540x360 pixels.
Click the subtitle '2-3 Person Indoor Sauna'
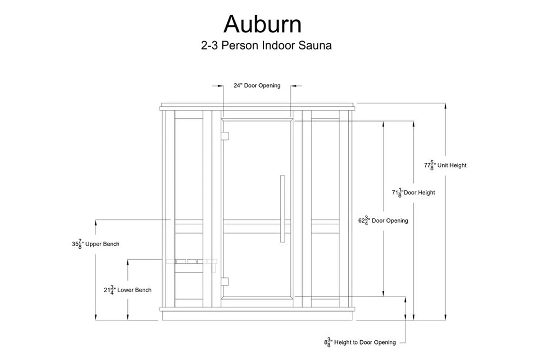coord(266,46)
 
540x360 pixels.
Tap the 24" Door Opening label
coord(257,85)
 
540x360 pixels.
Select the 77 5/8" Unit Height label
coord(445,165)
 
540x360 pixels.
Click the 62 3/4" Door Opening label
coord(382,221)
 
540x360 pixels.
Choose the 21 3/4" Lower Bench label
coord(127,290)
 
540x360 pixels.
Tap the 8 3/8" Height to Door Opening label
coord(360,342)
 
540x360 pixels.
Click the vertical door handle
coord(282,209)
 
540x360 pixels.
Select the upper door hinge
coord(225,135)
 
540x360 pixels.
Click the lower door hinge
coord(225,281)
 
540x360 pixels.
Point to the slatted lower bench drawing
coord(191,261)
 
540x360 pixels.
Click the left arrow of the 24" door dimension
coord(221,85)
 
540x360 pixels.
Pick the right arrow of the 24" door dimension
coord(293,85)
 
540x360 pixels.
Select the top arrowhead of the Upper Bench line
coord(96,222)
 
